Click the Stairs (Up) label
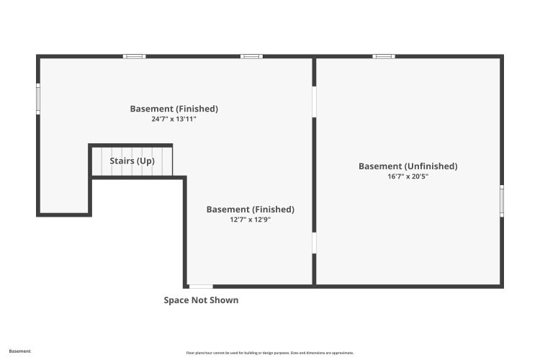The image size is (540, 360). point(132,161)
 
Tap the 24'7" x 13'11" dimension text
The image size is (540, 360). point(174,120)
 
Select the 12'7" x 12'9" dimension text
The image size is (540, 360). point(251,220)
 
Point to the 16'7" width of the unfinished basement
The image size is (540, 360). point(395,176)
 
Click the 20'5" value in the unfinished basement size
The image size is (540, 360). point(420,176)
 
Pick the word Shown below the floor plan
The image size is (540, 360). point(224,300)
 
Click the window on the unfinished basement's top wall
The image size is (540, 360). point(384,56)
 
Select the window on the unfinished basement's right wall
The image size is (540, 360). point(502,201)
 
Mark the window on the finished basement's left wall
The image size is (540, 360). point(38,99)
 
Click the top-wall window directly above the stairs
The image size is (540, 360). point(135,56)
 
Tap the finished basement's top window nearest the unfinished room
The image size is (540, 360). point(251,56)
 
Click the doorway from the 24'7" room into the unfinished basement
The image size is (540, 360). point(314,102)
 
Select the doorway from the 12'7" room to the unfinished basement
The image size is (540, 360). point(314,243)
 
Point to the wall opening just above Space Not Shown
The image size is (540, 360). point(201,287)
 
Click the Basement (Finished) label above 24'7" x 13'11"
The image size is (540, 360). point(174,109)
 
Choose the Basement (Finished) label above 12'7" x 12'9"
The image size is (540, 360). point(251,210)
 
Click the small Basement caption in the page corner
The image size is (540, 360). point(19,351)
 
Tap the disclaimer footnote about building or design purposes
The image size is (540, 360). point(270,353)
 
